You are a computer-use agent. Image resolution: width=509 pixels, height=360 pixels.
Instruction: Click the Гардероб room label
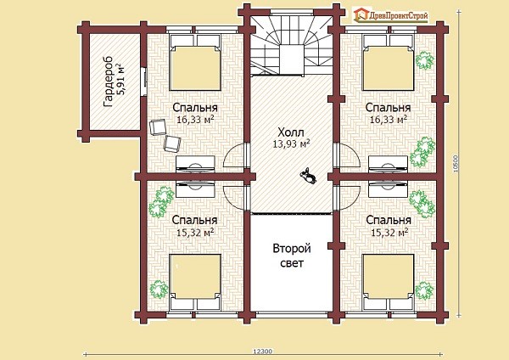(108, 82)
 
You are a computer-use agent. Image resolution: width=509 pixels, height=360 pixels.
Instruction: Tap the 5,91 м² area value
(120, 80)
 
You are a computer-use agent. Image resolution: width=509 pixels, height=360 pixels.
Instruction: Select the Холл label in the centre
(291, 132)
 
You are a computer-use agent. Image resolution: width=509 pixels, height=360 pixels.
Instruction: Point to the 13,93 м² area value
(291, 143)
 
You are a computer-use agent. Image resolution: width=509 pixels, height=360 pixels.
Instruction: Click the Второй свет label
(292, 256)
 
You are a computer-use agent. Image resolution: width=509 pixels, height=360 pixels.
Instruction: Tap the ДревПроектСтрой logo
(391, 15)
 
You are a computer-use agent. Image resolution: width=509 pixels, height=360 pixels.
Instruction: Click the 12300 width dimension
(263, 352)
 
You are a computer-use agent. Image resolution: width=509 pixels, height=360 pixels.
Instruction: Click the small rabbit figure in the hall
(308, 176)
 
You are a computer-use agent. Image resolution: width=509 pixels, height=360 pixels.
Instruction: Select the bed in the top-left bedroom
(195, 62)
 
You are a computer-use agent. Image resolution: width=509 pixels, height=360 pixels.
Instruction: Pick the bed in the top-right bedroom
(389, 62)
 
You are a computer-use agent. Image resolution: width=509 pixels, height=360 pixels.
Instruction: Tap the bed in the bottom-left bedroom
(195, 282)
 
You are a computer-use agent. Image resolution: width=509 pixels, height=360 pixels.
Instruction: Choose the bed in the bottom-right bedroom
(389, 282)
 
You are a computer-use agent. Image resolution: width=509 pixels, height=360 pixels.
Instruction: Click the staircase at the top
(291, 46)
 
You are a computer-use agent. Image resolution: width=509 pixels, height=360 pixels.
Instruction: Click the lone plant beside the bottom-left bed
(159, 289)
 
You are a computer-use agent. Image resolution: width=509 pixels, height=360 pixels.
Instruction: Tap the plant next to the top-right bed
(425, 60)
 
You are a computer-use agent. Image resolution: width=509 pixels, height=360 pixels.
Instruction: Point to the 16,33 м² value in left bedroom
(195, 120)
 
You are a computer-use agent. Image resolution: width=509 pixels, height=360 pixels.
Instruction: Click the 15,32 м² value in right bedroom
(389, 233)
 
